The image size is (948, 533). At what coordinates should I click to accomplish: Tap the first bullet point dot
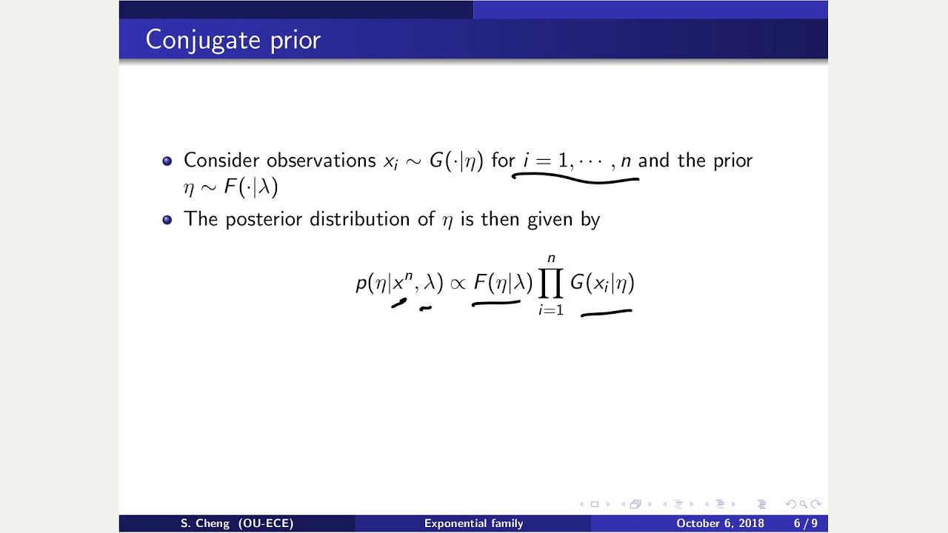(x=167, y=161)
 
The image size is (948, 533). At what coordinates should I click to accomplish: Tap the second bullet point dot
(x=167, y=219)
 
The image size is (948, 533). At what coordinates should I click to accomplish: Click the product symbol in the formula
(x=551, y=284)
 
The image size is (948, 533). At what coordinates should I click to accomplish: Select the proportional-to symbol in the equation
(x=458, y=284)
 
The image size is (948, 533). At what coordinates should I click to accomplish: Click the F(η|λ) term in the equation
(x=503, y=283)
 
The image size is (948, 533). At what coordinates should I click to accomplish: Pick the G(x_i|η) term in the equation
(x=602, y=283)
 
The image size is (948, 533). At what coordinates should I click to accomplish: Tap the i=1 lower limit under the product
(x=551, y=310)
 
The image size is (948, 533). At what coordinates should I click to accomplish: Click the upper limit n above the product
(x=551, y=258)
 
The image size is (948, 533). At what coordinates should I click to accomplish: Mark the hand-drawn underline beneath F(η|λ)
(x=496, y=302)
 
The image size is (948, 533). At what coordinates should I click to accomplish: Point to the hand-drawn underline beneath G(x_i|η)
(x=607, y=313)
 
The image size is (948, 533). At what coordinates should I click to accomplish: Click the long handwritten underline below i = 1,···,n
(x=575, y=178)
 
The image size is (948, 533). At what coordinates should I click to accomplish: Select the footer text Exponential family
(x=473, y=523)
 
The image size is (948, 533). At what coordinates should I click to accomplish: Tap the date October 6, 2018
(x=720, y=523)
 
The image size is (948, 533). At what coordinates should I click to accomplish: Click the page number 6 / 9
(x=805, y=523)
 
